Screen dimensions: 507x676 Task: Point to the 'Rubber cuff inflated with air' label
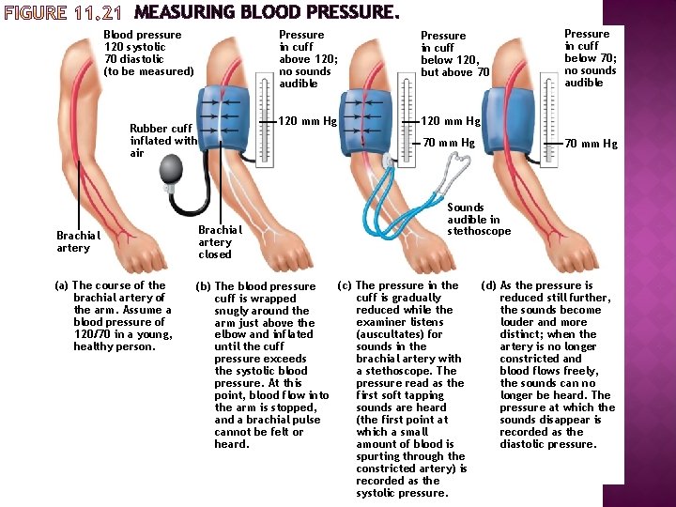click(x=162, y=141)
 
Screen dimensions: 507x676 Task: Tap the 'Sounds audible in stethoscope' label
click(x=479, y=219)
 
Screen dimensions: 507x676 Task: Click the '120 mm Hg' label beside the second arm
click(x=308, y=121)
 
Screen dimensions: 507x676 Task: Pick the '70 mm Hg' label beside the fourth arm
click(x=591, y=144)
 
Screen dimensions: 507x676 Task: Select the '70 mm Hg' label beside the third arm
click(x=449, y=143)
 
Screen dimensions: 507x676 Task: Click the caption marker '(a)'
click(x=62, y=285)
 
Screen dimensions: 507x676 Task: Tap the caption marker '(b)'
click(x=202, y=286)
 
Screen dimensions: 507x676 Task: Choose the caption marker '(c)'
click(x=344, y=285)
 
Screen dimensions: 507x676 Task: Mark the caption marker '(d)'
click(x=488, y=285)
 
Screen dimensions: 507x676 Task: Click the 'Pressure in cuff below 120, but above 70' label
click(x=455, y=54)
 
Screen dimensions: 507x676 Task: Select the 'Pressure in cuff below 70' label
click(x=590, y=58)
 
